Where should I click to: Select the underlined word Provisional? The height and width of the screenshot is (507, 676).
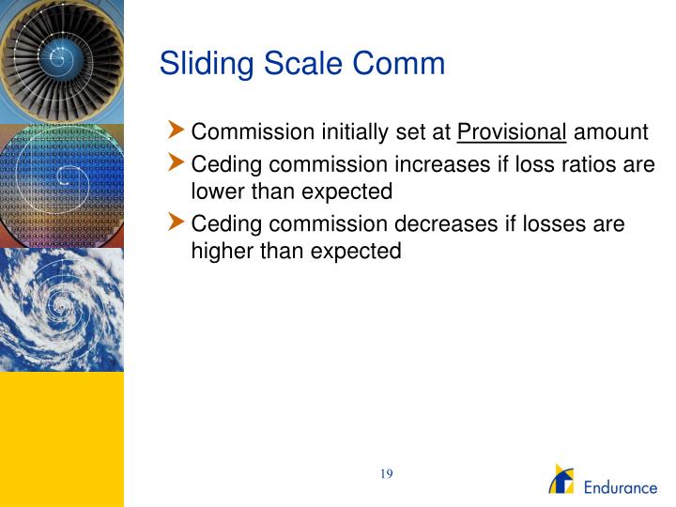click(x=512, y=132)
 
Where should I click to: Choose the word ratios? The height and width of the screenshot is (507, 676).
click(x=592, y=165)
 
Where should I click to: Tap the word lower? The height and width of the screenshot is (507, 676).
click(x=213, y=192)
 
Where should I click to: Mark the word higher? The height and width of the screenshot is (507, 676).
click(x=218, y=251)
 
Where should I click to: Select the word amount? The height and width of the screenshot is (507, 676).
click(x=611, y=132)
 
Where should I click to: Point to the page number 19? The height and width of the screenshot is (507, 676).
click(x=386, y=474)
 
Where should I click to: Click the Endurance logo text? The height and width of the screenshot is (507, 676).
click(x=622, y=488)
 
